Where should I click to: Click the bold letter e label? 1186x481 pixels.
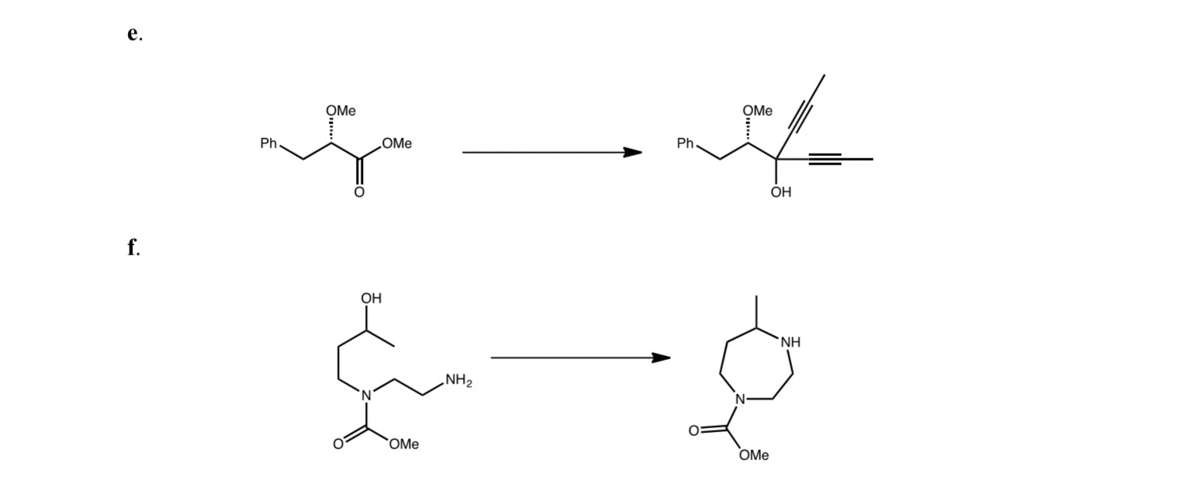133,33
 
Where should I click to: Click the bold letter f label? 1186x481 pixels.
133,247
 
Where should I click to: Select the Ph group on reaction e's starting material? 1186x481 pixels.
268,144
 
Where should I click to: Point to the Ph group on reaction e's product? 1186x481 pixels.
686,144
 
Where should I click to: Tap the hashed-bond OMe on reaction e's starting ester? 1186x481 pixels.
341,111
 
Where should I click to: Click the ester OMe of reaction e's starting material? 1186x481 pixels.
396,144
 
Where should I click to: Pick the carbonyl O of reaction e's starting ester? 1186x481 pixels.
359,192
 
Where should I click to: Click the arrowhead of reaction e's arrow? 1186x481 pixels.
632,152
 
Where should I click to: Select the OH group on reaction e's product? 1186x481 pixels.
781,192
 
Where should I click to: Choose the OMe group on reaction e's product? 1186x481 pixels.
757,111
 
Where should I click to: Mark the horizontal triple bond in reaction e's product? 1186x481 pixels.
825,159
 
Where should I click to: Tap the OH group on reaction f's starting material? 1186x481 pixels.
371,299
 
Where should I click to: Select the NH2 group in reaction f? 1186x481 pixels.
458,381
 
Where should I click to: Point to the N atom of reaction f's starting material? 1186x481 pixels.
367,395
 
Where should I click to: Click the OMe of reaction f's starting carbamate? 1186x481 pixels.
403,444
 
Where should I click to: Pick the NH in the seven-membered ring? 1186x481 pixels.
790,342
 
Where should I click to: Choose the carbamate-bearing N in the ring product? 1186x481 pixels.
740,400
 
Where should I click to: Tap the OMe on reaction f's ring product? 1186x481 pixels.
753,455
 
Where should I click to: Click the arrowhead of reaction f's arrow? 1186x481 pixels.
661,358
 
